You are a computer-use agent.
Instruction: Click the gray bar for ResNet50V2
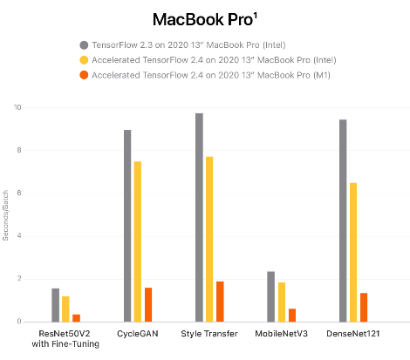(x=56, y=304)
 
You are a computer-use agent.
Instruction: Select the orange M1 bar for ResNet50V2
(x=77, y=317)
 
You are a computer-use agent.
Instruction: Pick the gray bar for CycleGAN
(x=127, y=226)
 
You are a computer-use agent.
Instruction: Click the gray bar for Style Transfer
(x=199, y=217)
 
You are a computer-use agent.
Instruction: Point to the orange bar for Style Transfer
(x=220, y=301)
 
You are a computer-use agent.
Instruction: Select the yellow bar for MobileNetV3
(x=281, y=302)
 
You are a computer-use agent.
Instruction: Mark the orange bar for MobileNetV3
(x=291, y=315)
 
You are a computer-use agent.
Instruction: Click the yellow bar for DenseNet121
(x=353, y=252)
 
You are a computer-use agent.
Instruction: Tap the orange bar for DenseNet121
(x=364, y=307)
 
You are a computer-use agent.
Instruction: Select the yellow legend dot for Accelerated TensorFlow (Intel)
(x=84, y=60)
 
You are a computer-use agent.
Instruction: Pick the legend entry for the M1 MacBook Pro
(x=209, y=76)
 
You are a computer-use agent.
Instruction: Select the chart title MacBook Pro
(x=205, y=18)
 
